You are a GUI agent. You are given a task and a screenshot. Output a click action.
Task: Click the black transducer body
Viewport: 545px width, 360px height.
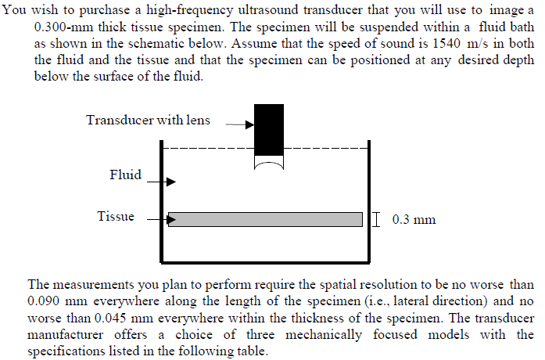[x=269, y=129]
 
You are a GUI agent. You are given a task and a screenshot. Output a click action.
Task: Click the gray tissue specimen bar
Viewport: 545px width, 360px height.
[x=265, y=219]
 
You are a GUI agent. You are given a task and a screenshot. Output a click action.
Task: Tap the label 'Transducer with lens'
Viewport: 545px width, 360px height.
[x=149, y=121]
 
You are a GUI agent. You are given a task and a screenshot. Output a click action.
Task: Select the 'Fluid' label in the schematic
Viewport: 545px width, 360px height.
[x=125, y=175]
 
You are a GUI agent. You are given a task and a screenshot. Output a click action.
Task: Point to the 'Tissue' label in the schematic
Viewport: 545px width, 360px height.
[x=116, y=216]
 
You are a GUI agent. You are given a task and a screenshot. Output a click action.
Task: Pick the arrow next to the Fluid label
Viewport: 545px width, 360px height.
[x=162, y=182]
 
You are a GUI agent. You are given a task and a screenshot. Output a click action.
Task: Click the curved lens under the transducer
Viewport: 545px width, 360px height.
[x=269, y=164]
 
